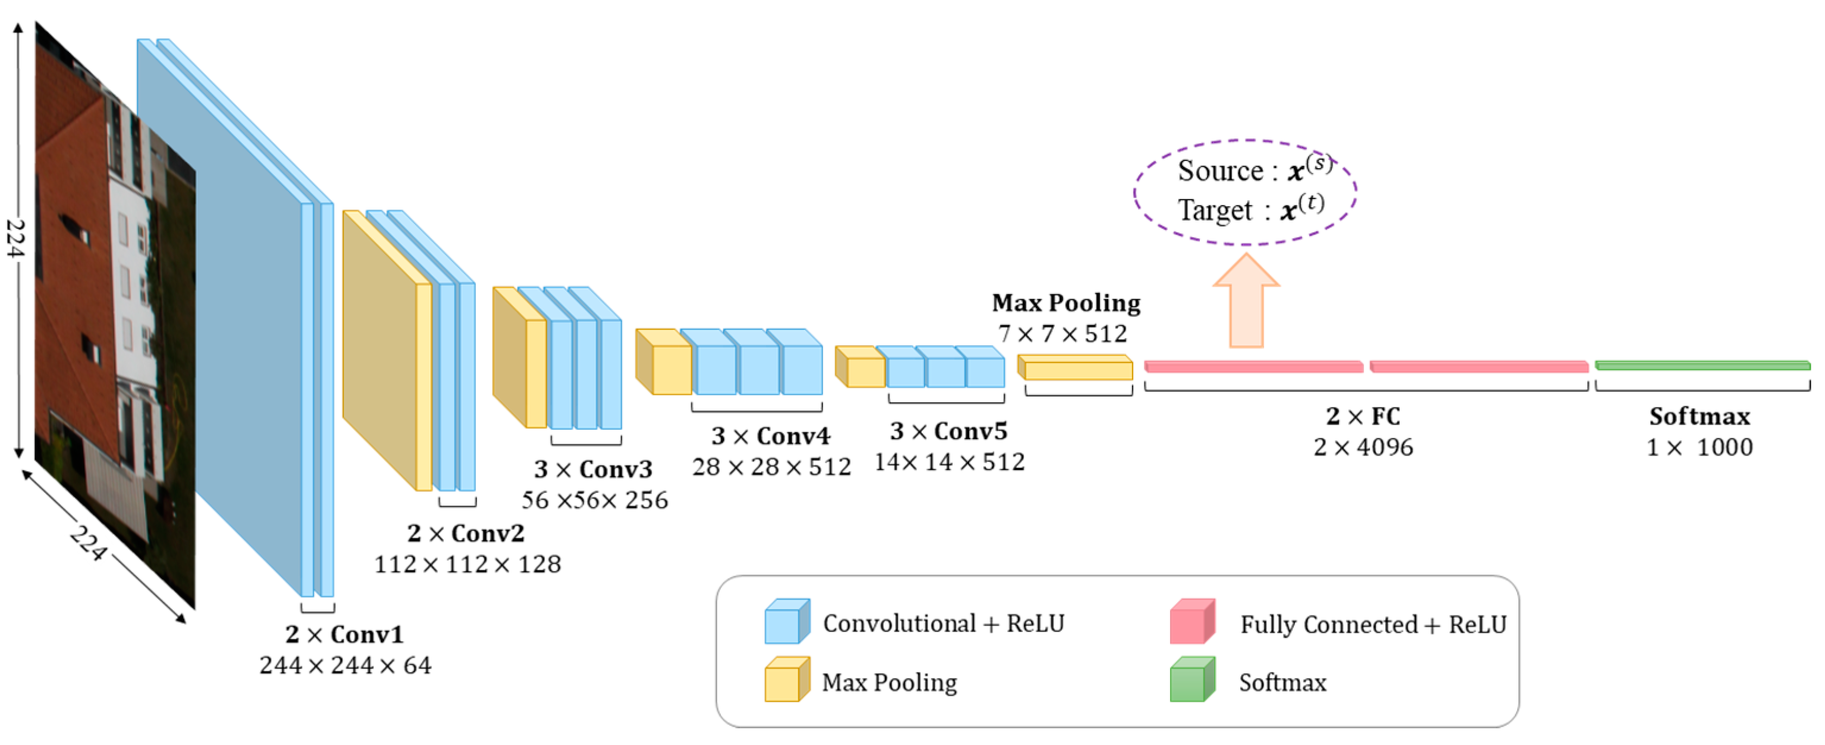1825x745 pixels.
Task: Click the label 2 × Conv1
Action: [x=344, y=634]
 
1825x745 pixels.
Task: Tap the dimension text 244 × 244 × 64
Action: [x=345, y=665]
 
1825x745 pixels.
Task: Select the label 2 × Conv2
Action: [x=465, y=532]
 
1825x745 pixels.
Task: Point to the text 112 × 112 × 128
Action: [x=467, y=564]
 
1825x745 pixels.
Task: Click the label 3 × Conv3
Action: [x=593, y=469]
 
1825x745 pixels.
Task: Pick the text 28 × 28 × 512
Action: [x=771, y=467]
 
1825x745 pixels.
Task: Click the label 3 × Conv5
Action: [x=948, y=431]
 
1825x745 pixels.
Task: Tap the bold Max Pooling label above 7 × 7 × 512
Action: [x=1066, y=302]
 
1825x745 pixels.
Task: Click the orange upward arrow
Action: [x=1246, y=301]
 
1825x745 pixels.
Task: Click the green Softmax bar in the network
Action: [x=1702, y=365]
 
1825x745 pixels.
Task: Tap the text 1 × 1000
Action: [x=1699, y=447]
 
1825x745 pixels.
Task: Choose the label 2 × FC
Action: [x=1363, y=416]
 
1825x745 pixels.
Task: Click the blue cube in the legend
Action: [x=786, y=622]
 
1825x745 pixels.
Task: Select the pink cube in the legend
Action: [x=1192, y=622]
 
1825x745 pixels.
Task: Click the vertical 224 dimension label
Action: [x=15, y=238]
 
